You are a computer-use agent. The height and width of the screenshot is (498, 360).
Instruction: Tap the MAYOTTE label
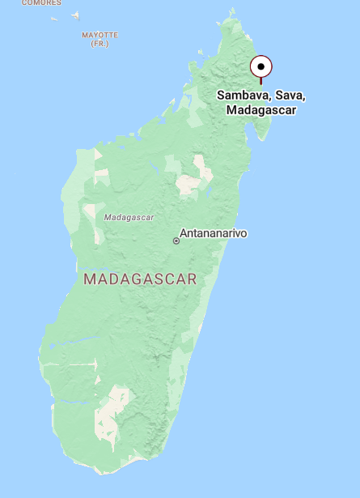(100, 35)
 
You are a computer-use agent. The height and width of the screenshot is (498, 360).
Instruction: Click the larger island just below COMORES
(76, 15)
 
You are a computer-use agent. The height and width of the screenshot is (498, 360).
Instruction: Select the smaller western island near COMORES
(54, 18)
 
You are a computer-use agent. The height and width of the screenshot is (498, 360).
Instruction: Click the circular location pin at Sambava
(260, 66)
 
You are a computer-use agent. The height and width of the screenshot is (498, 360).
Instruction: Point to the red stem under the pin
(260, 80)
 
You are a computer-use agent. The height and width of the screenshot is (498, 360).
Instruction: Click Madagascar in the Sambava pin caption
(260, 109)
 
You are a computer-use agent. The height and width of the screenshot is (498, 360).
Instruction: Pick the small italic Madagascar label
(129, 217)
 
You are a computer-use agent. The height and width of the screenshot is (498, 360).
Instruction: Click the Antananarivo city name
(213, 234)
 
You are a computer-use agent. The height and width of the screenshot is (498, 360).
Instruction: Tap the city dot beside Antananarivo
(176, 240)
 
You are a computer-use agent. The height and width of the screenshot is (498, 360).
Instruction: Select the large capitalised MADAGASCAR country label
(140, 279)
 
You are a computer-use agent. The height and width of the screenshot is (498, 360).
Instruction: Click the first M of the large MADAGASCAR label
(88, 279)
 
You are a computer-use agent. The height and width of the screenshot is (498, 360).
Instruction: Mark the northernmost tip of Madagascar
(233, 10)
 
